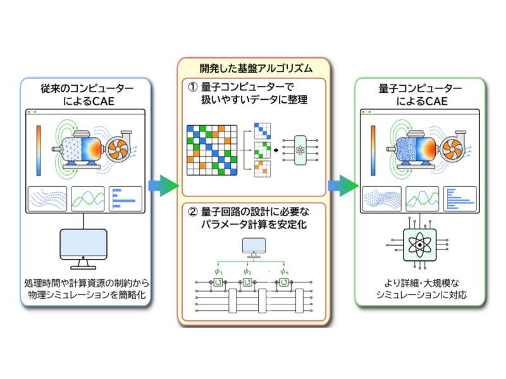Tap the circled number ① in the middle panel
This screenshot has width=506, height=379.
coord(193,87)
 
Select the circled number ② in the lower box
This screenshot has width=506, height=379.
coord(193,212)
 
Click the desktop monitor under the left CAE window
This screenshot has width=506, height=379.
coord(83,249)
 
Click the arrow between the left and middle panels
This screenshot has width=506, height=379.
coord(164,185)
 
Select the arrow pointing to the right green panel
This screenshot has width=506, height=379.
coord(343,185)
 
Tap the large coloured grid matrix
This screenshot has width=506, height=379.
coord(212,150)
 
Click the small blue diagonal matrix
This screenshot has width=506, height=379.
coord(262,131)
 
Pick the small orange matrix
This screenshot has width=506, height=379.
coord(262,169)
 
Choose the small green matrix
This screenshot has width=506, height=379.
coord(262,150)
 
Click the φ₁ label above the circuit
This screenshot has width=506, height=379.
coord(218,272)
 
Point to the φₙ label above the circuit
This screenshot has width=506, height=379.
coord(284,272)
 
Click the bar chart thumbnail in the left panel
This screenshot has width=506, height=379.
coord(125,198)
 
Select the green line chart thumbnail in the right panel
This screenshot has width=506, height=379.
coord(422,198)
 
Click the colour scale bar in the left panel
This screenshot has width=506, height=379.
coord(39,150)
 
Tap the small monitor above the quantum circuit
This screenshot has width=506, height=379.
coord(254,248)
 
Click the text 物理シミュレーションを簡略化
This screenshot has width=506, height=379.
coord(87,294)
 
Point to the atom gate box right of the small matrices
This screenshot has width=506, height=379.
coord(300,150)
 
